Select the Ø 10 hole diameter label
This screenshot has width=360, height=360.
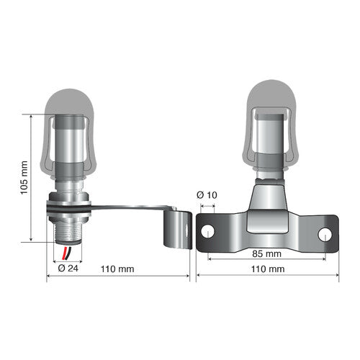[207, 196]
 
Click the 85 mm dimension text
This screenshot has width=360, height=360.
[266, 254]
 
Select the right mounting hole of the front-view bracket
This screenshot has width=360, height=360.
[324, 233]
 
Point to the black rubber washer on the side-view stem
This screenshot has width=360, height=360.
[68, 207]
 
